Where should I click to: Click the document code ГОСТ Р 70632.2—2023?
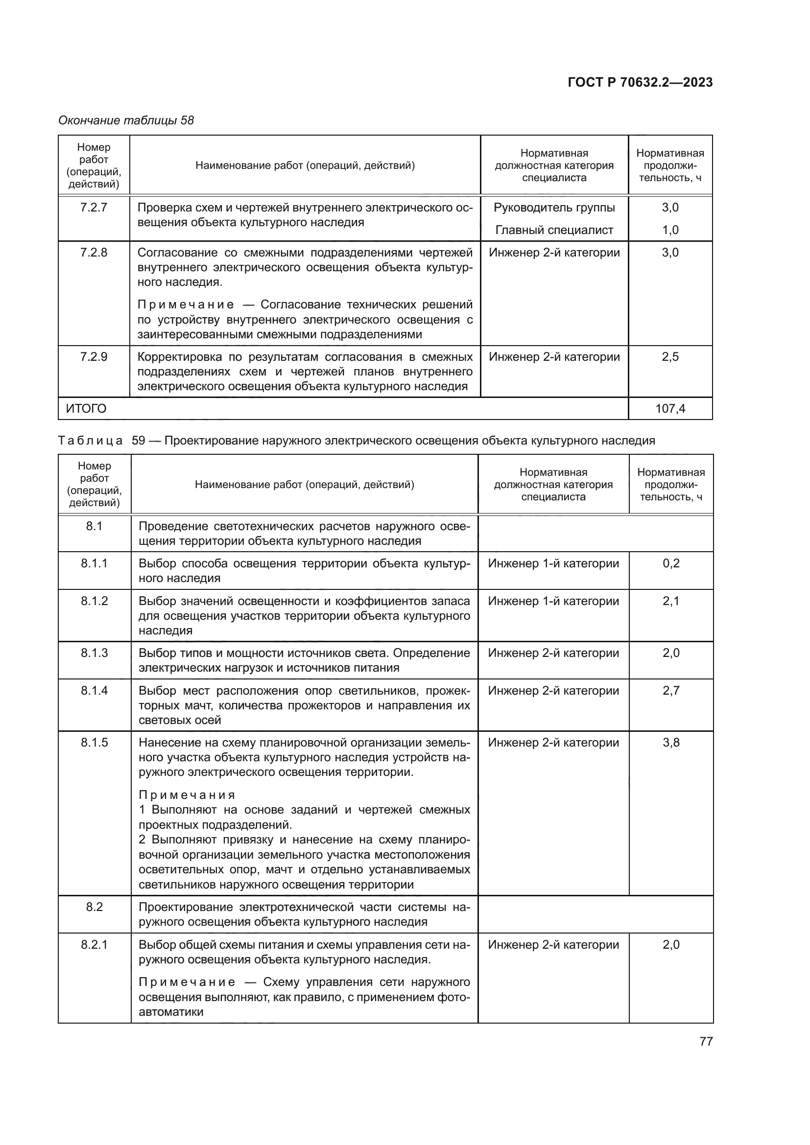click(640, 82)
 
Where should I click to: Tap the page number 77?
click(706, 1041)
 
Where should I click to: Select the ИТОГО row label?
click(86, 408)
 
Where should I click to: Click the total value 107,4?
click(670, 409)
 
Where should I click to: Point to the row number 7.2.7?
click(94, 208)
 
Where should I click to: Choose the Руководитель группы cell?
click(554, 208)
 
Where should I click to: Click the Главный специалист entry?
click(554, 230)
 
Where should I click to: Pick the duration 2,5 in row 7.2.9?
click(670, 357)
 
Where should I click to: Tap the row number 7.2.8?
click(94, 252)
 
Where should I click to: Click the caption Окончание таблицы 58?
click(126, 120)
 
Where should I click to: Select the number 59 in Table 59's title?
click(138, 441)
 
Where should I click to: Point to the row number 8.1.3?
click(94, 653)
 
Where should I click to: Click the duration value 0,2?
click(671, 563)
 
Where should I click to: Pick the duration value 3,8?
click(671, 743)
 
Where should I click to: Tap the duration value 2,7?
click(671, 691)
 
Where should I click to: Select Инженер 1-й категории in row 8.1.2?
click(553, 601)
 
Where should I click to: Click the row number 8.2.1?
click(94, 944)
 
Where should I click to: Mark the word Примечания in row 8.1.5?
click(187, 795)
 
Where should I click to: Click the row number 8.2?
click(94, 907)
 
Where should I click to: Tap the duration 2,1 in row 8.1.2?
click(671, 601)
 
